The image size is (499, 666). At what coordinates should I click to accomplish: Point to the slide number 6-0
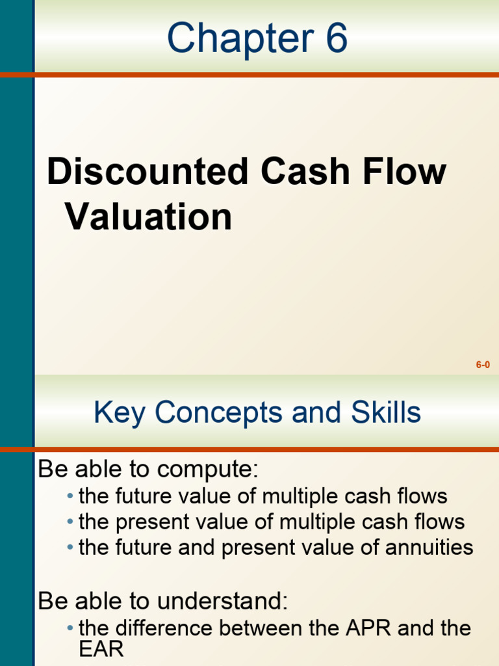click(x=482, y=365)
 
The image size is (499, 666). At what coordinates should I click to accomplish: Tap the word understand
click(x=231, y=602)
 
